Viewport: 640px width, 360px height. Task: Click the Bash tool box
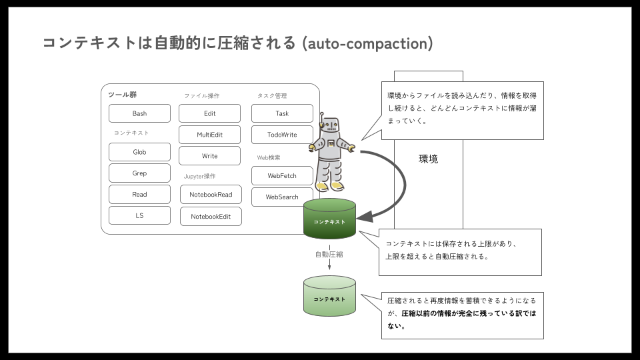click(139, 113)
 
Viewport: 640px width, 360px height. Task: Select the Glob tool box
click(139, 152)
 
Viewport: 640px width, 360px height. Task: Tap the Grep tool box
click(139, 173)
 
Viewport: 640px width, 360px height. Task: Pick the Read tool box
click(139, 195)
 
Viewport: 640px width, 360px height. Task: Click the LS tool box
click(139, 215)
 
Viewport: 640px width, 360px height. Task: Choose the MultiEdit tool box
click(209, 135)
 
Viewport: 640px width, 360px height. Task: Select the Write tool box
click(209, 156)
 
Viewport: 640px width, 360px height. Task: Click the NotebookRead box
click(211, 195)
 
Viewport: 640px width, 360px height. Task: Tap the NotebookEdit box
click(211, 217)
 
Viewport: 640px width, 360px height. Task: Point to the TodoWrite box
click(282, 135)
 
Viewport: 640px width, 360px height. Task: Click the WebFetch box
click(282, 176)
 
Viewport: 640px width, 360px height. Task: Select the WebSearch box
click(282, 197)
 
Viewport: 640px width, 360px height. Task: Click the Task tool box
click(282, 113)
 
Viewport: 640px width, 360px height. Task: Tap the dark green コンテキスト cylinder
click(329, 219)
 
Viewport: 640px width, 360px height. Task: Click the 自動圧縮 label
click(329, 255)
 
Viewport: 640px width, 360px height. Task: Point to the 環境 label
click(428, 159)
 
